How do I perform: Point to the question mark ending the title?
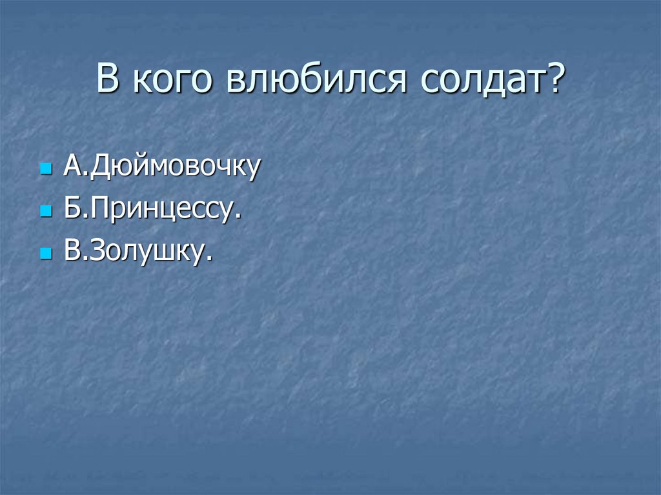tap(553, 81)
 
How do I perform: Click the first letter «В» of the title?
tap(109, 81)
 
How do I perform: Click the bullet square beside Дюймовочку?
tap(45, 171)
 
